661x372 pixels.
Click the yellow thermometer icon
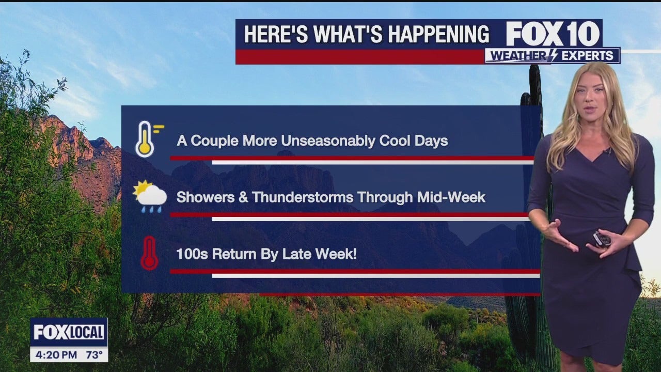pos(145,139)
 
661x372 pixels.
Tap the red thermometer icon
pos(149,253)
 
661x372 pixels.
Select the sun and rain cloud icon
pos(150,196)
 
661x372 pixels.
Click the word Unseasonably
pos(328,141)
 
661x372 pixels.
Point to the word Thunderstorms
pos(303,197)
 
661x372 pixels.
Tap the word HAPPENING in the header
pos(438,34)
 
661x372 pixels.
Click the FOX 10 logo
pos(553,34)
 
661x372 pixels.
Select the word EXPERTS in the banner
pos(587,56)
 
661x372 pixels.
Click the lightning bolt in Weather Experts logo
pos(553,55)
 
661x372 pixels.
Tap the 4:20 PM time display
pos(56,354)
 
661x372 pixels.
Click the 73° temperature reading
pos(95,354)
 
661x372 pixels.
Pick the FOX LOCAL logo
pos(69,332)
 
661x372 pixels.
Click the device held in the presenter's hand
pos(601,239)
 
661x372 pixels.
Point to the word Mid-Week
pos(451,197)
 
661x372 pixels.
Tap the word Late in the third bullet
pos(296,254)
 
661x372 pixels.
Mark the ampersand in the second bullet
pos(243,197)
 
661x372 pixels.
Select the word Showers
pos(206,197)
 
